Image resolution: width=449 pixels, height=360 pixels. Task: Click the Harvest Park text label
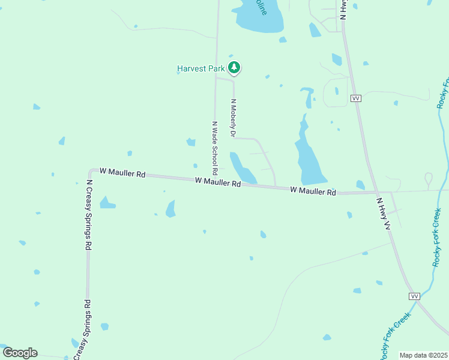(x=200, y=68)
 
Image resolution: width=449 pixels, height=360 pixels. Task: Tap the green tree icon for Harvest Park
(x=235, y=68)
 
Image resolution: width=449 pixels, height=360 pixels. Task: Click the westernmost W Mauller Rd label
(x=122, y=172)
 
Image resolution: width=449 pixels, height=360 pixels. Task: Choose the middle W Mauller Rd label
(x=217, y=182)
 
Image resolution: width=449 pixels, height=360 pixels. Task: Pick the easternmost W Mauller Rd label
(x=313, y=191)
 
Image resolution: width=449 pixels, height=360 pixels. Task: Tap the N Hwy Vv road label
(x=383, y=214)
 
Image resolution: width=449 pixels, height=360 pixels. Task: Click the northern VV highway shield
(x=357, y=98)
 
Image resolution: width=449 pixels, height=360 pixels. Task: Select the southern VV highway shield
(x=414, y=296)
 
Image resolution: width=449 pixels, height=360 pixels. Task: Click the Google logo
(x=20, y=352)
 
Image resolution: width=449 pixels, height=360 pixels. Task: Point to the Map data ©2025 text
(x=423, y=355)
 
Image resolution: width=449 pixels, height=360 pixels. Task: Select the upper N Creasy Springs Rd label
(x=89, y=215)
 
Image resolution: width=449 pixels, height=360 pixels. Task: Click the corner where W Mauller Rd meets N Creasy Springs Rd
(x=91, y=172)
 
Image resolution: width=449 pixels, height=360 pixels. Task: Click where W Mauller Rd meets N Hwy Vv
(x=377, y=193)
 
